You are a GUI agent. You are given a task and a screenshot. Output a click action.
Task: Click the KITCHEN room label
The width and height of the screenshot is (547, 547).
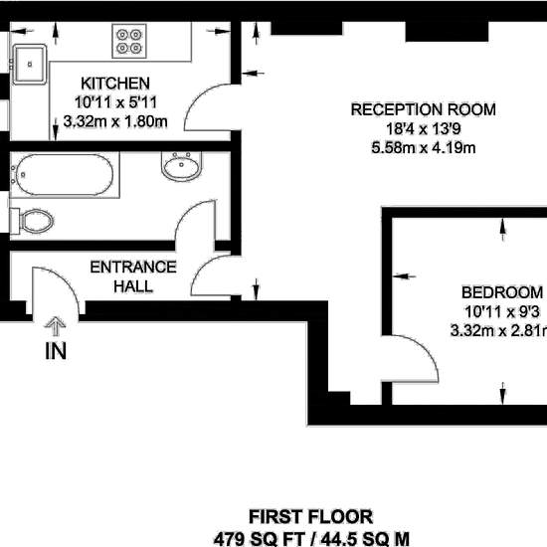coord(115,84)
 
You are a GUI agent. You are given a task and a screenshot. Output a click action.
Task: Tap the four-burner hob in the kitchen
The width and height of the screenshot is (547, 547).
coord(129,41)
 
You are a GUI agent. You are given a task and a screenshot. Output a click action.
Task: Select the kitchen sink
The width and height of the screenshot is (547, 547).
coord(29,65)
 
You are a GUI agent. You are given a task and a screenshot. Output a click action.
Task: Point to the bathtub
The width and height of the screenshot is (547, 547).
coord(65,175)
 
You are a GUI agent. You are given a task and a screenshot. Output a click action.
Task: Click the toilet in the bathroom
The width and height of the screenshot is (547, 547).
coord(32,222)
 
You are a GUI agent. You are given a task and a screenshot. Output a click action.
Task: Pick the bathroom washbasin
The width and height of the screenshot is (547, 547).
coord(182,166)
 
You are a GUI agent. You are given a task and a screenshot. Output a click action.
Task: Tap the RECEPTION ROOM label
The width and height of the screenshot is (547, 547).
coord(423,109)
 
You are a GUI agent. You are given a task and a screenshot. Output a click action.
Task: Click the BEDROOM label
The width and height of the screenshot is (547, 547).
coord(502,292)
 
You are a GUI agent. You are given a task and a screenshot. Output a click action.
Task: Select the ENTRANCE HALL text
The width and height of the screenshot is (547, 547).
coord(133,276)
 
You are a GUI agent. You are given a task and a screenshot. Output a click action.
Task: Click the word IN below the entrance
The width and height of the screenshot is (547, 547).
coord(56,351)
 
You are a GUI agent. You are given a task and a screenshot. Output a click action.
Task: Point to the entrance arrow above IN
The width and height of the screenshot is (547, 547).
coord(55,326)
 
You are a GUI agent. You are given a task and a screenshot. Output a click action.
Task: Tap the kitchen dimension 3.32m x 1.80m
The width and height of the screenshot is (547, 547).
coord(115,121)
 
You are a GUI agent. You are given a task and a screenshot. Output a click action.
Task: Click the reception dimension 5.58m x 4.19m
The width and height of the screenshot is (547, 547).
coord(423,148)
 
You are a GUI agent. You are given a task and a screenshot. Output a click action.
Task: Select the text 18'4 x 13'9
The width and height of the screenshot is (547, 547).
coord(423,129)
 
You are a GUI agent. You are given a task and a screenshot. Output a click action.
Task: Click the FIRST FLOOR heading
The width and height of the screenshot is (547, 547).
coord(311,517)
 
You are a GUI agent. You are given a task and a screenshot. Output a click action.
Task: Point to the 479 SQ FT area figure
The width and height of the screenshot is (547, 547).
coord(260,539)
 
